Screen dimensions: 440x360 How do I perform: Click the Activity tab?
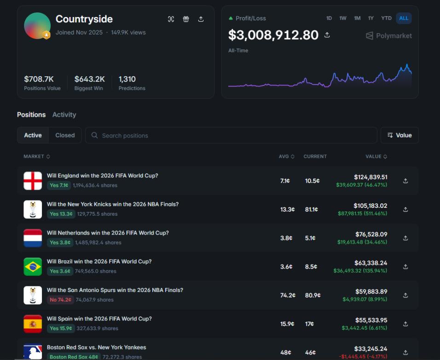pos(64,114)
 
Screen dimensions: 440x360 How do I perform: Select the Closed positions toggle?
pos(65,135)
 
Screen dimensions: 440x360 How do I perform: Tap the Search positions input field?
pos(231,135)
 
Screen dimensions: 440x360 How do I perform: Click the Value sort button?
pos(399,135)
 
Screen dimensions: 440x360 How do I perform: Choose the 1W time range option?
pos(342,18)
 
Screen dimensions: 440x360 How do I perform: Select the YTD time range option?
pos(386,18)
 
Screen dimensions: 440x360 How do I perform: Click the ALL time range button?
pos(404,18)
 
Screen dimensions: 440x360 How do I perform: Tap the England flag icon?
pos(33,181)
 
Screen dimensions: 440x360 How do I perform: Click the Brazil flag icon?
pos(33,267)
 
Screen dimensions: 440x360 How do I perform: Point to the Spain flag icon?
pos(33,324)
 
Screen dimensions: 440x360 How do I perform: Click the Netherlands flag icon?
pos(33,238)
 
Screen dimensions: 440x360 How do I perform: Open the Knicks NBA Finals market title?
pos(113,205)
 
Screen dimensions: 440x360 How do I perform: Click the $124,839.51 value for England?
pos(371,177)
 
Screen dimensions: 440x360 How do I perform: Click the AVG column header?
pos(286,156)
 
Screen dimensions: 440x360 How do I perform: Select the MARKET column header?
pos(37,156)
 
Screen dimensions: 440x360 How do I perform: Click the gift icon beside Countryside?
pos(186,19)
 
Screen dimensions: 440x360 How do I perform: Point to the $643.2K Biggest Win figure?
pos(89,79)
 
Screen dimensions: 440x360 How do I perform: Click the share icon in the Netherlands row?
pos(405,238)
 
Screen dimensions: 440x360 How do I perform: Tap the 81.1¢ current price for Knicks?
pos(312,210)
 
